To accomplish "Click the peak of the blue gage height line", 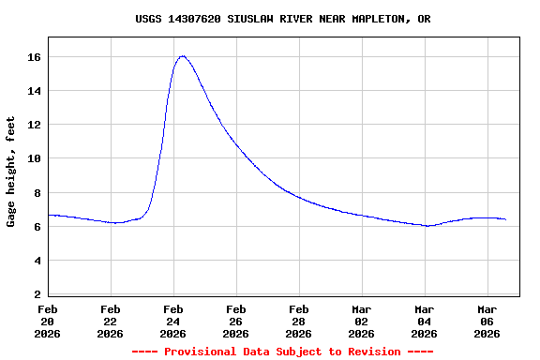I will (182, 56).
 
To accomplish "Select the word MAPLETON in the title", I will (377, 19).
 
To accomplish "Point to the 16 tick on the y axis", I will (34, 57).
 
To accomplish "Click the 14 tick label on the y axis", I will (34, 91).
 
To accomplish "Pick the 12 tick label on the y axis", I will (34, 125).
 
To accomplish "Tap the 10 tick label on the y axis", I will (34, 158).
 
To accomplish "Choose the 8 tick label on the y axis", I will (37, 193).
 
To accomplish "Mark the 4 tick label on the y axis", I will (37, 261).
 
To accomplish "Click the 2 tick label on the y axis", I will (37, 294).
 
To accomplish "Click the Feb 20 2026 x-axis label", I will (48, 321).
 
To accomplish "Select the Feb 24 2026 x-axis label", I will (173, 321).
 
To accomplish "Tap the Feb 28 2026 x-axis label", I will (299, 321).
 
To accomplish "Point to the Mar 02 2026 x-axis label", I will (362, 321).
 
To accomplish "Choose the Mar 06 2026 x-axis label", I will (487, 321).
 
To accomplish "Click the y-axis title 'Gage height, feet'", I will (11, 172).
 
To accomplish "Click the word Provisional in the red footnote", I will (201, 352).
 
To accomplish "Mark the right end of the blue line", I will (505, 219).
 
